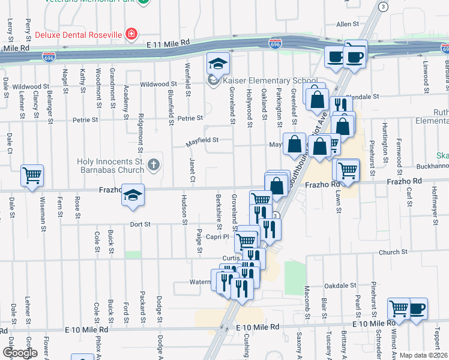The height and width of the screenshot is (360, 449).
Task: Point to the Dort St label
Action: pos(139,225)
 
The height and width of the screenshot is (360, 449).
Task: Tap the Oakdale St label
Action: pos(340,286)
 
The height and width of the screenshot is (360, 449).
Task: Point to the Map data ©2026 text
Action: pos(423,355)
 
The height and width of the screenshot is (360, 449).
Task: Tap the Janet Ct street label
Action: pos(193,170)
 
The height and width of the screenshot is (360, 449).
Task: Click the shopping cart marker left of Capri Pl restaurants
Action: pos(246,241)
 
